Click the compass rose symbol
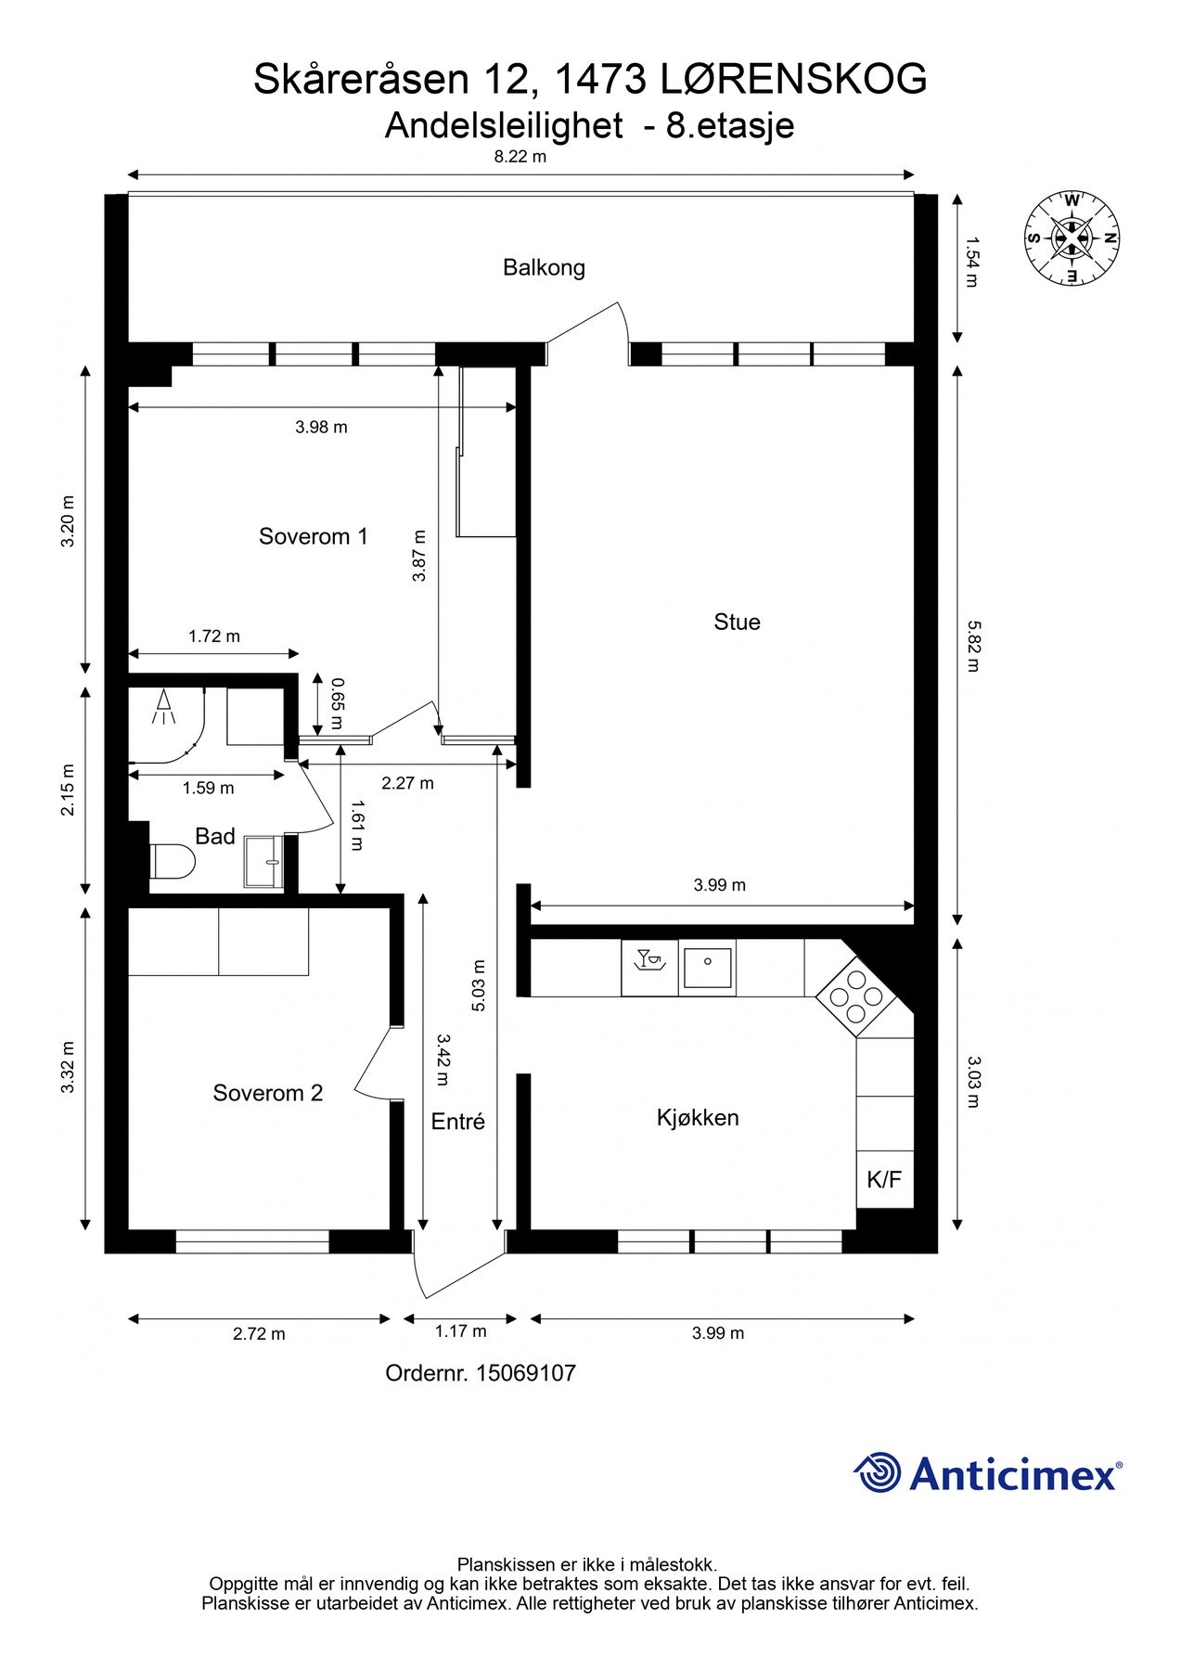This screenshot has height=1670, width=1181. (x=1072, y=238)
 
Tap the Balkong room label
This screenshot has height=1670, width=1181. (x=544, y=268)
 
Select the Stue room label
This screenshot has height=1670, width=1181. (x=737, y=622)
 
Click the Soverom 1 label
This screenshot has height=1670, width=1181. (x=313, y=536)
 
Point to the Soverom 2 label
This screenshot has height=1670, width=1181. (x=267, y=1093)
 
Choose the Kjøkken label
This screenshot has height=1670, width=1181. (x=698, y=1117)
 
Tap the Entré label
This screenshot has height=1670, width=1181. (x=458, y=1122)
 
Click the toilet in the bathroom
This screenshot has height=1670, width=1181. (x=172, y=861)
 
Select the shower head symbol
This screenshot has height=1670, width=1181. (x=164, y=707)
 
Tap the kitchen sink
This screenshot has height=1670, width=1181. (x=708, y=969)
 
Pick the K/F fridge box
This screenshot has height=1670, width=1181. (x=884, y=1179)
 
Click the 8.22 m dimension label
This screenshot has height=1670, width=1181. (x=520, y=157)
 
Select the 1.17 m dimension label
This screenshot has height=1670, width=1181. (x=460, y=1331)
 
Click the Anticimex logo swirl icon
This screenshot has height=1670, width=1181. (x=877, y=1472)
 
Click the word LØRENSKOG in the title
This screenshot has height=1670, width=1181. (x=793, y=80)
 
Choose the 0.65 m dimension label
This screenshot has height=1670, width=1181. (x=336, y=704)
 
